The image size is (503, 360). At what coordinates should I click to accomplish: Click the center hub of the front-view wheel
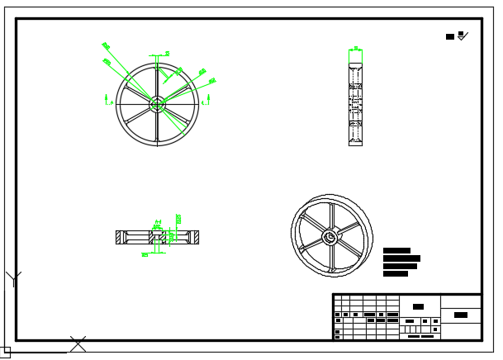tap(157, 103)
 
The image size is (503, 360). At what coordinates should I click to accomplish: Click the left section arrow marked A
tap(109, 100)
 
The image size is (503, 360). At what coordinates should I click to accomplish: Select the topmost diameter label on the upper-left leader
tap(105, 45)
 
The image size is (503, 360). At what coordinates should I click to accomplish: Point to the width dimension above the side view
tap(355, 49)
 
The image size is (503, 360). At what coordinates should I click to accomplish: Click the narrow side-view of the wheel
tap(355, 97)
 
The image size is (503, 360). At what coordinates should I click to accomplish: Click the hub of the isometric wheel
tap(330, 237)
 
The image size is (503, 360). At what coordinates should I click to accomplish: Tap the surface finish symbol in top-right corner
tap(462, 36)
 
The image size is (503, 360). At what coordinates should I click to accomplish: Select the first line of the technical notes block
tap(396, 250)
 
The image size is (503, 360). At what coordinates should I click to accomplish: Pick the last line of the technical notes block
tap(396, 273)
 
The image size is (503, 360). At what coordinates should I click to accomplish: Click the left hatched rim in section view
tap(123, 237)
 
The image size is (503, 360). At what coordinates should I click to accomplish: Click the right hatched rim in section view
tap(192, 237)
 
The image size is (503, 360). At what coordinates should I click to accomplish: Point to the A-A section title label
tap(156, 223)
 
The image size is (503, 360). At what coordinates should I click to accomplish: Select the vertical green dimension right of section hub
tap(178, 220)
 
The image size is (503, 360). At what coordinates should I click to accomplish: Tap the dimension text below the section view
tap(145, 254)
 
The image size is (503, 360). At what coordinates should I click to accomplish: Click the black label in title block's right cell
tap(461, 315)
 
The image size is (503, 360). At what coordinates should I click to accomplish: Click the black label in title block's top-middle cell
tap(418, 306)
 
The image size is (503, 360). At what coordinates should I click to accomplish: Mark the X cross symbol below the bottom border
tap(78, 343)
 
